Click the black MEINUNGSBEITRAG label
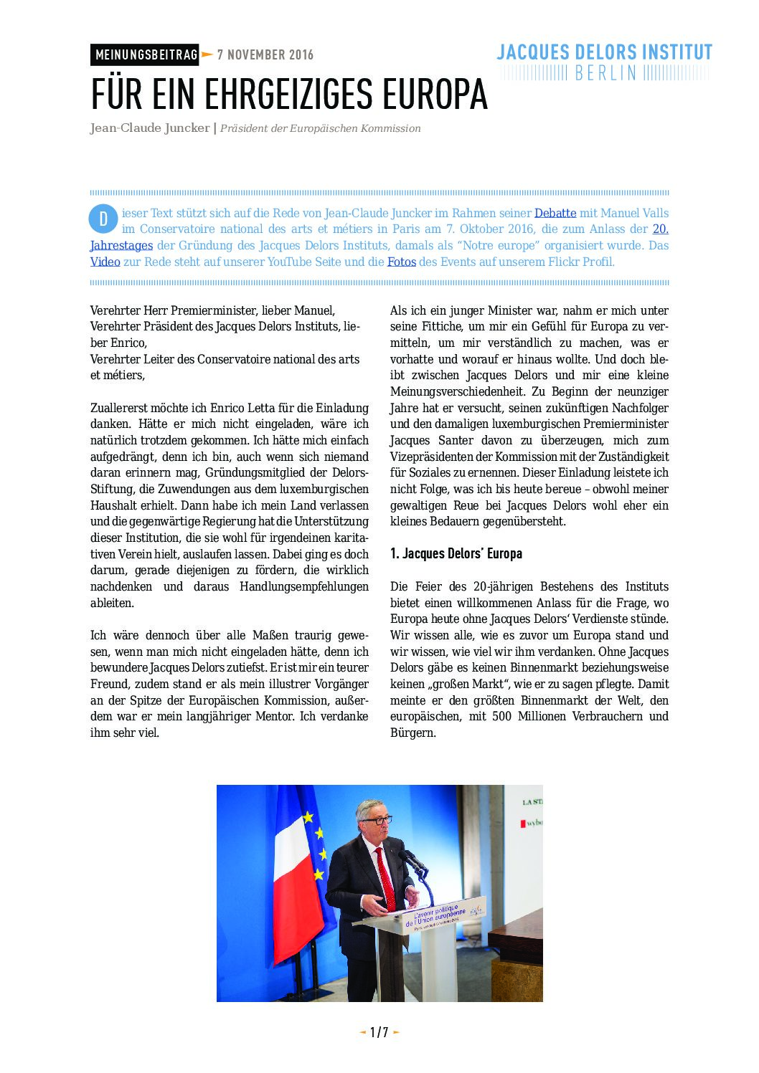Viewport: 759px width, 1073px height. (x=145, y=55)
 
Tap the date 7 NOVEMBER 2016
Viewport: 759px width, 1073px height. (x=265, y=55)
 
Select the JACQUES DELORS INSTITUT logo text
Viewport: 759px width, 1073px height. (x=604, y=52)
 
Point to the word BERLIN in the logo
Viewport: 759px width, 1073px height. (x=605, y=73)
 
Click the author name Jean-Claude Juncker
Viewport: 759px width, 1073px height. (x=149, y=128)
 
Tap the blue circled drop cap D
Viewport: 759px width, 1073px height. (x=103, y=219)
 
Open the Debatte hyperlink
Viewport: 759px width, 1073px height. (x=555, y=213)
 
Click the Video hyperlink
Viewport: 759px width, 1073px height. (x=105, y=262)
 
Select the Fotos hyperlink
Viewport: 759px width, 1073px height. (x=402, y=262)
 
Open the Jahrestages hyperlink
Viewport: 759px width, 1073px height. (x=121, y=245)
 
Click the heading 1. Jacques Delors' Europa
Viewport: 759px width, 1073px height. (x=456, y=553)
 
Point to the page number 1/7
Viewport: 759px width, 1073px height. (x=379, y=1032)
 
